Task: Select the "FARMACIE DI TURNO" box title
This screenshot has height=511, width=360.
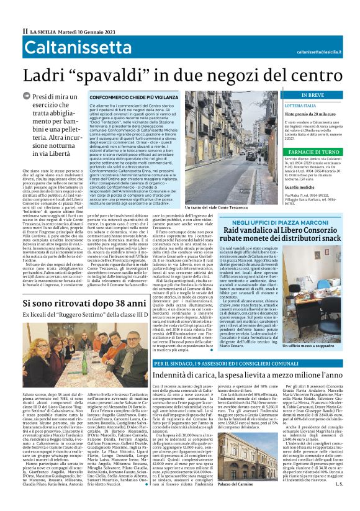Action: [321, 151]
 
